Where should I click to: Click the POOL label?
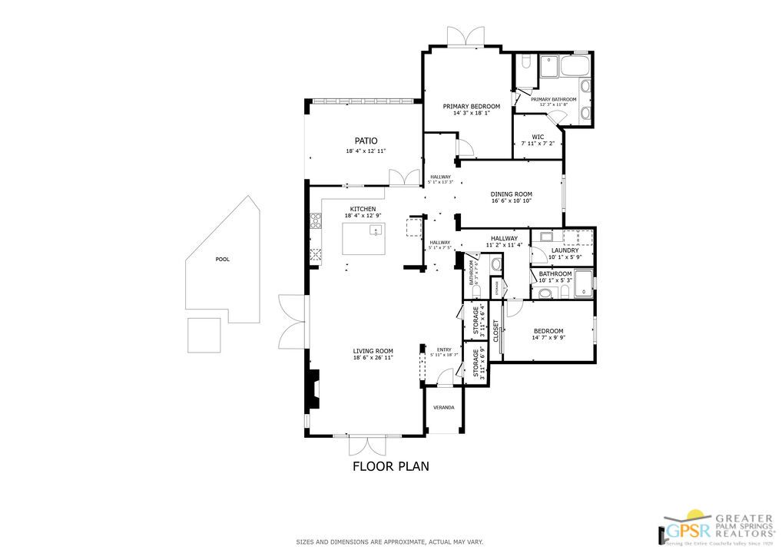(x=222, y=260)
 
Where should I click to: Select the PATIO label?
(x=365, y=141)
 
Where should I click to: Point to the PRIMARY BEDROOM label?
(x=471, y=106)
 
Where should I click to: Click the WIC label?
(x=538, y=137)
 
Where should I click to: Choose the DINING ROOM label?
(x=512, y=194)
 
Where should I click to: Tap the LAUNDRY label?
(x=564, y=250)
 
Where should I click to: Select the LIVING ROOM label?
(x=373, y=351)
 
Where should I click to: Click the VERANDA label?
(x=443, y=407)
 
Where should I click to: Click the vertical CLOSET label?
(x=495, y=331)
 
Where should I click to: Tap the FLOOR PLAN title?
(x=390, y=465)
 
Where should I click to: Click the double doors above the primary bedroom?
(x=466, y=36)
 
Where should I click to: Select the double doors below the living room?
(x=366, y=446)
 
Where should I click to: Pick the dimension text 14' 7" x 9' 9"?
(x=548, y=339)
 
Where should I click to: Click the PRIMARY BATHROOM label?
(x=553, y=99)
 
